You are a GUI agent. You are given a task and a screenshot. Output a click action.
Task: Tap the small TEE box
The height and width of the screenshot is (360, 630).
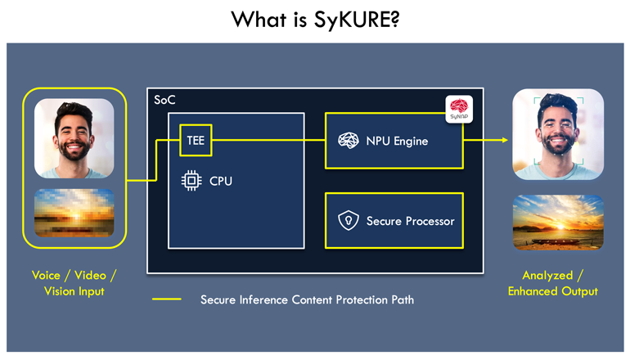[196, 141]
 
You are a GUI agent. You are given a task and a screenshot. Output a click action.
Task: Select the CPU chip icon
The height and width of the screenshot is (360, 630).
[191, 181]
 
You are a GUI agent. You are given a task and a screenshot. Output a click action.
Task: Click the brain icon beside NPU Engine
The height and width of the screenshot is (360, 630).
[349, 141]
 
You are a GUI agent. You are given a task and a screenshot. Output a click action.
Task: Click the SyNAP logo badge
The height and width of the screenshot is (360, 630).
[459, 109]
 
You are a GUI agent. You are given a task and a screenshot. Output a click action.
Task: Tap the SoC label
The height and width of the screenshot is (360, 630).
[164, 100]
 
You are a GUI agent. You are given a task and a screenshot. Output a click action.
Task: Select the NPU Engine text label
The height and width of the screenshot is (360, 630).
[397, 141]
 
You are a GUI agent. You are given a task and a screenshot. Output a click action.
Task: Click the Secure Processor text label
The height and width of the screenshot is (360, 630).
[410, 221]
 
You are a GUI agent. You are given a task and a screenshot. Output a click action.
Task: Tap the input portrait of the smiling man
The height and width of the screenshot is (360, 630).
[74, 137]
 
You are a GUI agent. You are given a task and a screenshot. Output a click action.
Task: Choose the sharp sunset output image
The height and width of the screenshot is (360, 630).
[557, 222]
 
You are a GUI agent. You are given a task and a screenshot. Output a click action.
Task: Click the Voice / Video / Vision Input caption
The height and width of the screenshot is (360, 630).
[74, 283]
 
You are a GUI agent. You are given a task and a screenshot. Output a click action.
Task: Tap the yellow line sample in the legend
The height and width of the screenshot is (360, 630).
[167, 299]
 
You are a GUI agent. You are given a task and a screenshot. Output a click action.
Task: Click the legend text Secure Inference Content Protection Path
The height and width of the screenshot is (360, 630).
[307, 299]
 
